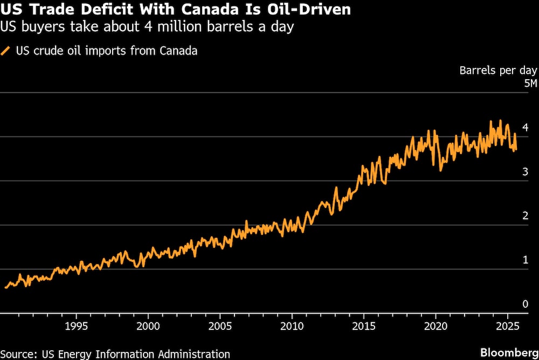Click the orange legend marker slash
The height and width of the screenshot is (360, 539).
(x=6, y=51)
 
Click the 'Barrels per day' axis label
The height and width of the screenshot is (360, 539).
(x=498, y=70)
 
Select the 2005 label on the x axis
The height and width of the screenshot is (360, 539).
(x=220, y=326)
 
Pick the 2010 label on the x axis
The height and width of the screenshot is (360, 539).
(x=292, y=326)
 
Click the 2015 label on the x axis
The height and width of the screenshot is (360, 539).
(x=363, y=326)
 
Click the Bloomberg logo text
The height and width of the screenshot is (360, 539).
(x=509, y=352)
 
